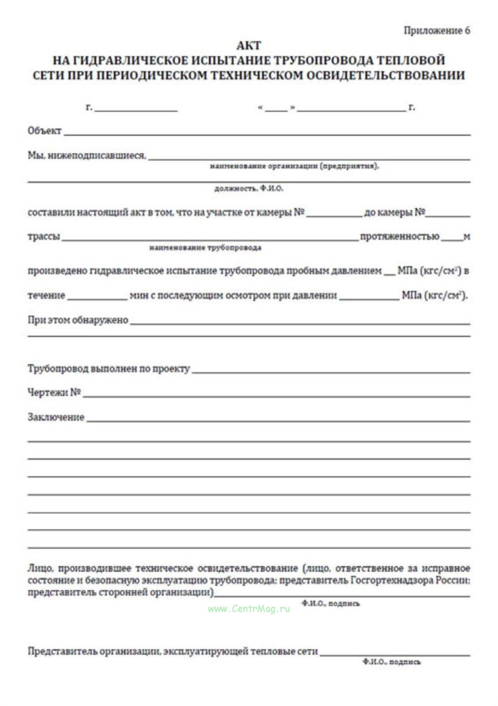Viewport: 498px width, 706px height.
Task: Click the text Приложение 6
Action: coord(437,31)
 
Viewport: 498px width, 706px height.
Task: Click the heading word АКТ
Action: coord(249,45)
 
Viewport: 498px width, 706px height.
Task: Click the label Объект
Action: coord(44,131)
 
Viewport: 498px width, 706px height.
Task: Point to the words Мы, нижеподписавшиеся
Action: coord(87,156)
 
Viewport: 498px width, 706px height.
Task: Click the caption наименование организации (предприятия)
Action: coord(294,166)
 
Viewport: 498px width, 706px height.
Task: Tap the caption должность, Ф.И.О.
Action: coord(249,189)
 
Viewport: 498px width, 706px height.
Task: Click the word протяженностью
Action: coord(400,237)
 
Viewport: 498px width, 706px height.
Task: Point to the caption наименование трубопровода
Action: coord(205,248)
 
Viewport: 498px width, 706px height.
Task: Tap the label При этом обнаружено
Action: coord(78,320)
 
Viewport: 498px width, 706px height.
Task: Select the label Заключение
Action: coord(56,417)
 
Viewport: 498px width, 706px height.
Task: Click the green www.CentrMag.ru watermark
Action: coord(249,609)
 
